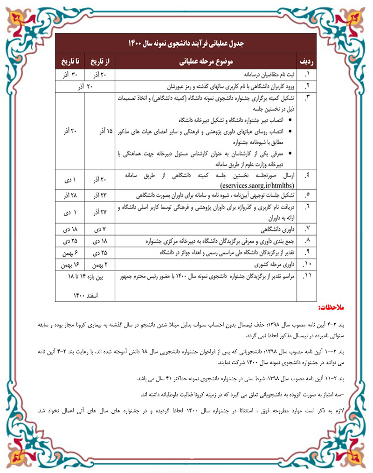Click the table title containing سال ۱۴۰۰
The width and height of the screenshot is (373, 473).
click(x=186, y=43)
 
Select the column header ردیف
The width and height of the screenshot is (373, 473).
click(x=305, y=62)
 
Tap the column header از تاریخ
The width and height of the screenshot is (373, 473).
click(x=101, y=62)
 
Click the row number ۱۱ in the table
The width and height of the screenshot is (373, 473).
click(x=306, y=277)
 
